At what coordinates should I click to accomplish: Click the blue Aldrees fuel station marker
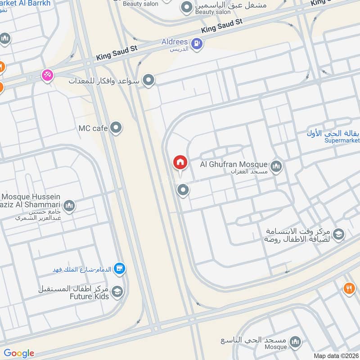coord(197,44)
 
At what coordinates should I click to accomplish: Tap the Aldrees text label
coord(175,42)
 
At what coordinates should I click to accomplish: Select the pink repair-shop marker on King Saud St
coord(47,75)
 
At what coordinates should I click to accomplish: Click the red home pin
coord(180,162)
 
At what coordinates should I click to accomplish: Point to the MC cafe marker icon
coord(116,128)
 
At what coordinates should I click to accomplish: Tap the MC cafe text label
coord(93,129)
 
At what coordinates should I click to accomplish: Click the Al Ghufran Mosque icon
coord(276,167)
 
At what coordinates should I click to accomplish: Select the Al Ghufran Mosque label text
coord(234,165)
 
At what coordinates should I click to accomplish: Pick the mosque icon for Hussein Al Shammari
coord(69,207)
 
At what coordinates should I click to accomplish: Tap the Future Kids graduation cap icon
coord(117,292)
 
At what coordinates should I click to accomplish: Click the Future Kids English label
coord(89,297)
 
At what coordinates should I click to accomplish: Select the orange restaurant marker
coord(349,288)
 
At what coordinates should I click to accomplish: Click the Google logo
coord(19,353)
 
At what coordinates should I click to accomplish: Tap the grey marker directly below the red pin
coord(183,190)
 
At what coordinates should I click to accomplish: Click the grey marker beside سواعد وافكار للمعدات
coord(148,81)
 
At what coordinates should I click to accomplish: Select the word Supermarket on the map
coord(342,140)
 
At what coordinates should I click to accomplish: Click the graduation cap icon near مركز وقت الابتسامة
coord(338,234)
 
